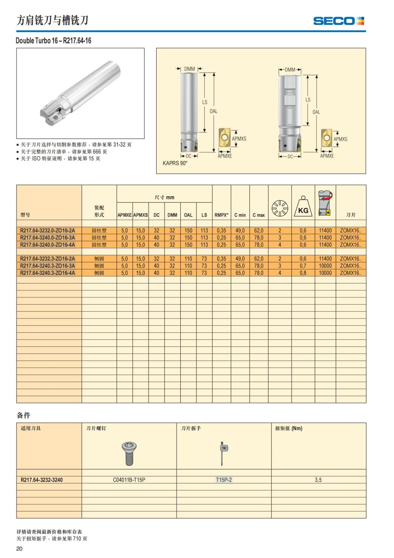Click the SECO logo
[x=339, y=21]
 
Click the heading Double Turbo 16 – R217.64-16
[x=54, y=41]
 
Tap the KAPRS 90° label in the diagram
[x=175, y=163]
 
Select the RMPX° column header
[x=221, y=215]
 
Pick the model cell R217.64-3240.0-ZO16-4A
[x=48, y=245]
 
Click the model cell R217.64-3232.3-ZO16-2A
[x=48, y=259]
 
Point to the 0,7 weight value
[x=303, y=266]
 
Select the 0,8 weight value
[x=303, y=273]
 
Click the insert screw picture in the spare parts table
[x=129, y=453]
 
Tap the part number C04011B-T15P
[x=129, y=480]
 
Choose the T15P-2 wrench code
[x=224, y=480]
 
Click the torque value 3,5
[x=318, y=480]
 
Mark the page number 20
[x=19, y=548]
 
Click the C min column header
[x=240, y=215]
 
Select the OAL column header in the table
[x=188, y=215]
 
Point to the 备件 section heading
[x=24, y=415]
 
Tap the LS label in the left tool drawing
[x=205, y=102]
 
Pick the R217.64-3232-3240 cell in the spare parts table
[x=42, y=480]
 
